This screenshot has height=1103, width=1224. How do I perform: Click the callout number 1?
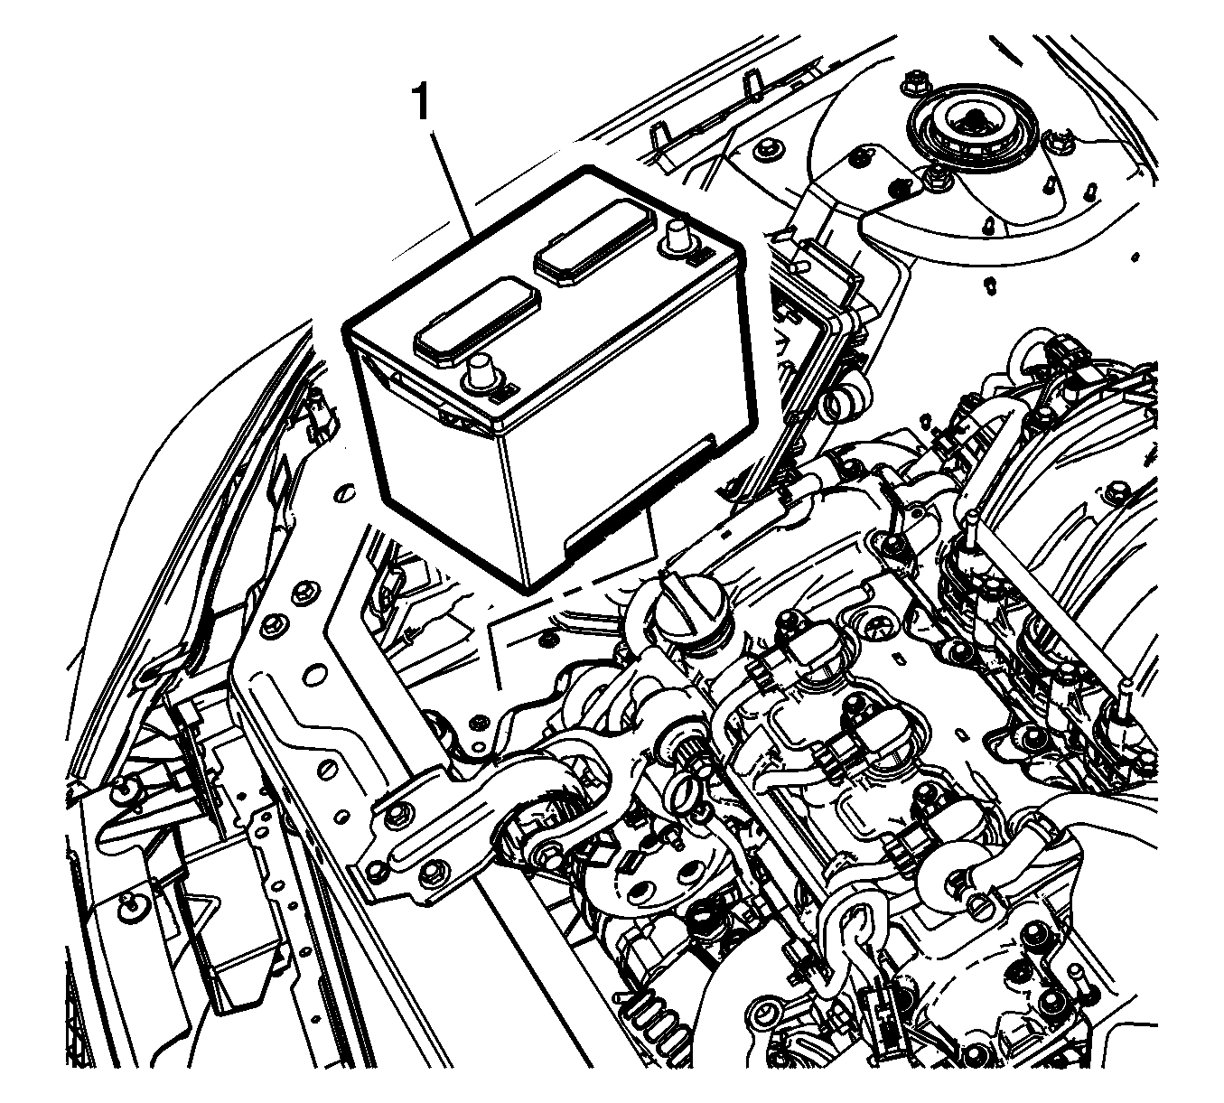421,103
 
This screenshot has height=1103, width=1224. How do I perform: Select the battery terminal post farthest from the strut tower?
479,374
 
